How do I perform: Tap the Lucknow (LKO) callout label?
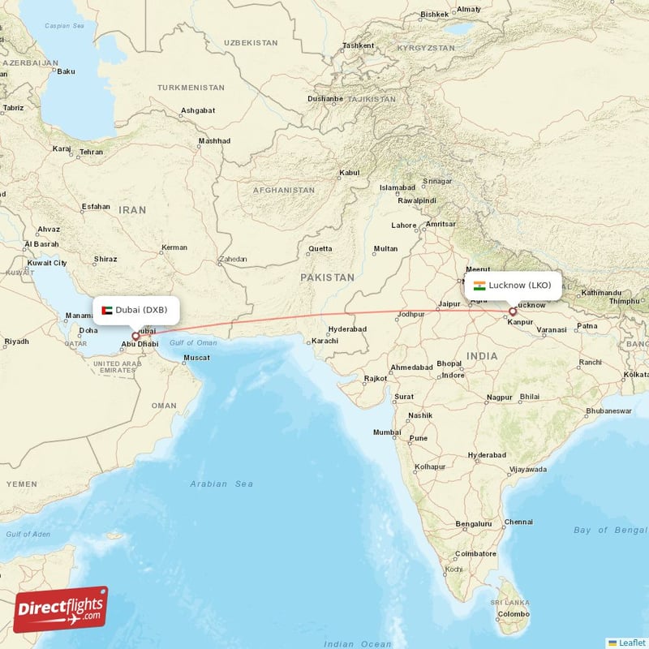[512, 286]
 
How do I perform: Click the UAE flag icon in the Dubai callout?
[107, 310]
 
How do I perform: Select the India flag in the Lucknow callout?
[479, 286]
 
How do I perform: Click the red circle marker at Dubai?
[135, 335]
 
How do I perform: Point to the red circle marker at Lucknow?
[512, 312]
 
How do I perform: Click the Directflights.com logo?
[61, 609]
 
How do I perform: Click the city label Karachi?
[324, 341]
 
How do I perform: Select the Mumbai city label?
[387, 432]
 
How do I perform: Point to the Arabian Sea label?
[221, 484]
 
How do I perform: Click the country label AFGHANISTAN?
[283, 191]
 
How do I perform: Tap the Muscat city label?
[197, 358]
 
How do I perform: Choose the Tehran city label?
[92, 152]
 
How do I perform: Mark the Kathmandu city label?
[601, 292]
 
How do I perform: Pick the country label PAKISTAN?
[327, 277]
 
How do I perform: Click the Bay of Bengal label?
[609, 530]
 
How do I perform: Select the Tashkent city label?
[358, 45]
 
